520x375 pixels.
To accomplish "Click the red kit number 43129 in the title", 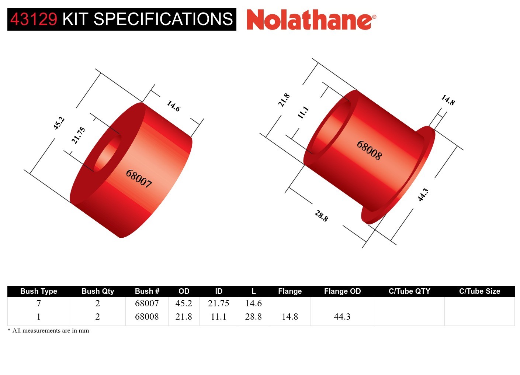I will click(x=34, y=19).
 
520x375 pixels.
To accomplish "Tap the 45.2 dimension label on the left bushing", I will click(x=59, y=123).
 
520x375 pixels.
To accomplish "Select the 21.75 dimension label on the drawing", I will click(x=78, y=135).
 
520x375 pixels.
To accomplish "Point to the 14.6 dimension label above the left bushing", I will click(x=173, y=106).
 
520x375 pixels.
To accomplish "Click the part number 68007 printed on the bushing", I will click(x=139, y=179).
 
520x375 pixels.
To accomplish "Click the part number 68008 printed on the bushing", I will click(x=369, y=150).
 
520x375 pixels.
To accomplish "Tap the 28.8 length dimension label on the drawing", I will click(x=321, y=216).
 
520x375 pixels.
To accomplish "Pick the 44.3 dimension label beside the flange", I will click(x=423, y=195).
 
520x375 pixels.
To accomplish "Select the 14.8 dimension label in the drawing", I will click(x=448, y=100).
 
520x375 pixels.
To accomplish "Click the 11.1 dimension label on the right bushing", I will click(x=303, y=112).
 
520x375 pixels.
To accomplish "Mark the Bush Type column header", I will click(x=39, y=291).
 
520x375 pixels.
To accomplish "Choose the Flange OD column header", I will click(x=342, y=291).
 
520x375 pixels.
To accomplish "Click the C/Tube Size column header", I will click(x=479, y=291).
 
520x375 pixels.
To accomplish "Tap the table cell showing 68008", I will click(x=147, y=317).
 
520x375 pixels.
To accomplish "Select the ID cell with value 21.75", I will click(x=218, y=303).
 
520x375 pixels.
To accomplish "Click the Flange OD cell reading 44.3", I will click(x=342, y=317).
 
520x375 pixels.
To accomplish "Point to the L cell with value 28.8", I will click(x=253, y=317).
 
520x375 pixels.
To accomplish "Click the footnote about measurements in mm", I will click(x=48, y=331).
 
